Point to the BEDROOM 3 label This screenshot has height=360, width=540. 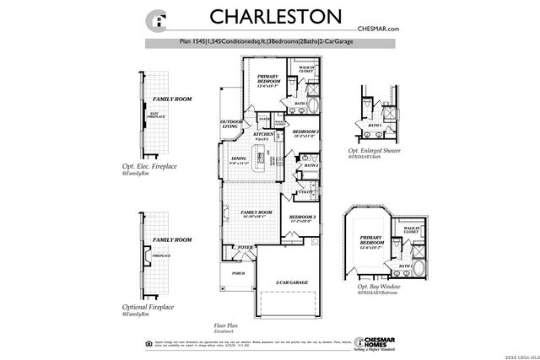[302, 218]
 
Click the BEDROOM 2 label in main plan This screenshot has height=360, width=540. [305, 133]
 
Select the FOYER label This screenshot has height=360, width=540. [245, 247]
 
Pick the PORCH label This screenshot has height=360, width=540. [238, 273]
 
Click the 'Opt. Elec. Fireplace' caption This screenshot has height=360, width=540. [152, 167]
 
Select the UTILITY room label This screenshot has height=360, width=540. [305, 192]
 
